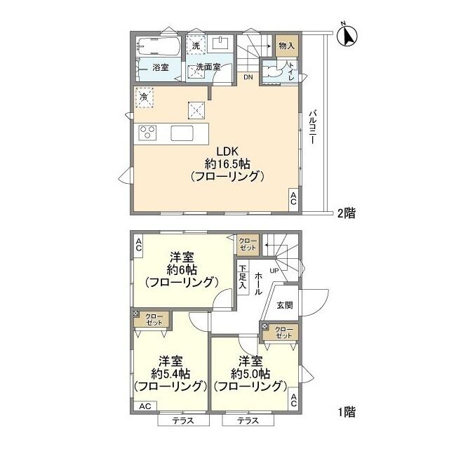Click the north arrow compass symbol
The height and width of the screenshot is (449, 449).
(347, 36)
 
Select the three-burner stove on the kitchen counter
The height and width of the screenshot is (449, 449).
(147, 133)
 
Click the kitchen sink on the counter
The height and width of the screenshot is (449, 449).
(182, 133)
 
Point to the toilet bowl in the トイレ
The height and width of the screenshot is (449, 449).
(271, 71)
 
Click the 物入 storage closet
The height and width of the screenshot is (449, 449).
(287, 46)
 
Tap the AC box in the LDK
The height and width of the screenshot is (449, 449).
(293, 199)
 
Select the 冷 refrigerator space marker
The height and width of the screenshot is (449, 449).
(145, 98)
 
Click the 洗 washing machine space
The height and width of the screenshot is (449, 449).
(196, 45)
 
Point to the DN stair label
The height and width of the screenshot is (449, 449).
(248, 77)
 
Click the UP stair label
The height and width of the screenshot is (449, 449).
(274, 271)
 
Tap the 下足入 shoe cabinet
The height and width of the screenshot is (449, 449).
(243, 277)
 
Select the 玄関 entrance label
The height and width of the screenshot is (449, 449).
(285, 305)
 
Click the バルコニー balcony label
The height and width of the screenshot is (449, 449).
(312, 126)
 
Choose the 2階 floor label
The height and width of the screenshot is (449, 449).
(346, 213)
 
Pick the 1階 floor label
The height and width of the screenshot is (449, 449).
(347, 412)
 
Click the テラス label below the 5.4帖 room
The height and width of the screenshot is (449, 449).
(183, 421)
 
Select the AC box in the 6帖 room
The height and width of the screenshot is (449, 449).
(139, 246)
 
